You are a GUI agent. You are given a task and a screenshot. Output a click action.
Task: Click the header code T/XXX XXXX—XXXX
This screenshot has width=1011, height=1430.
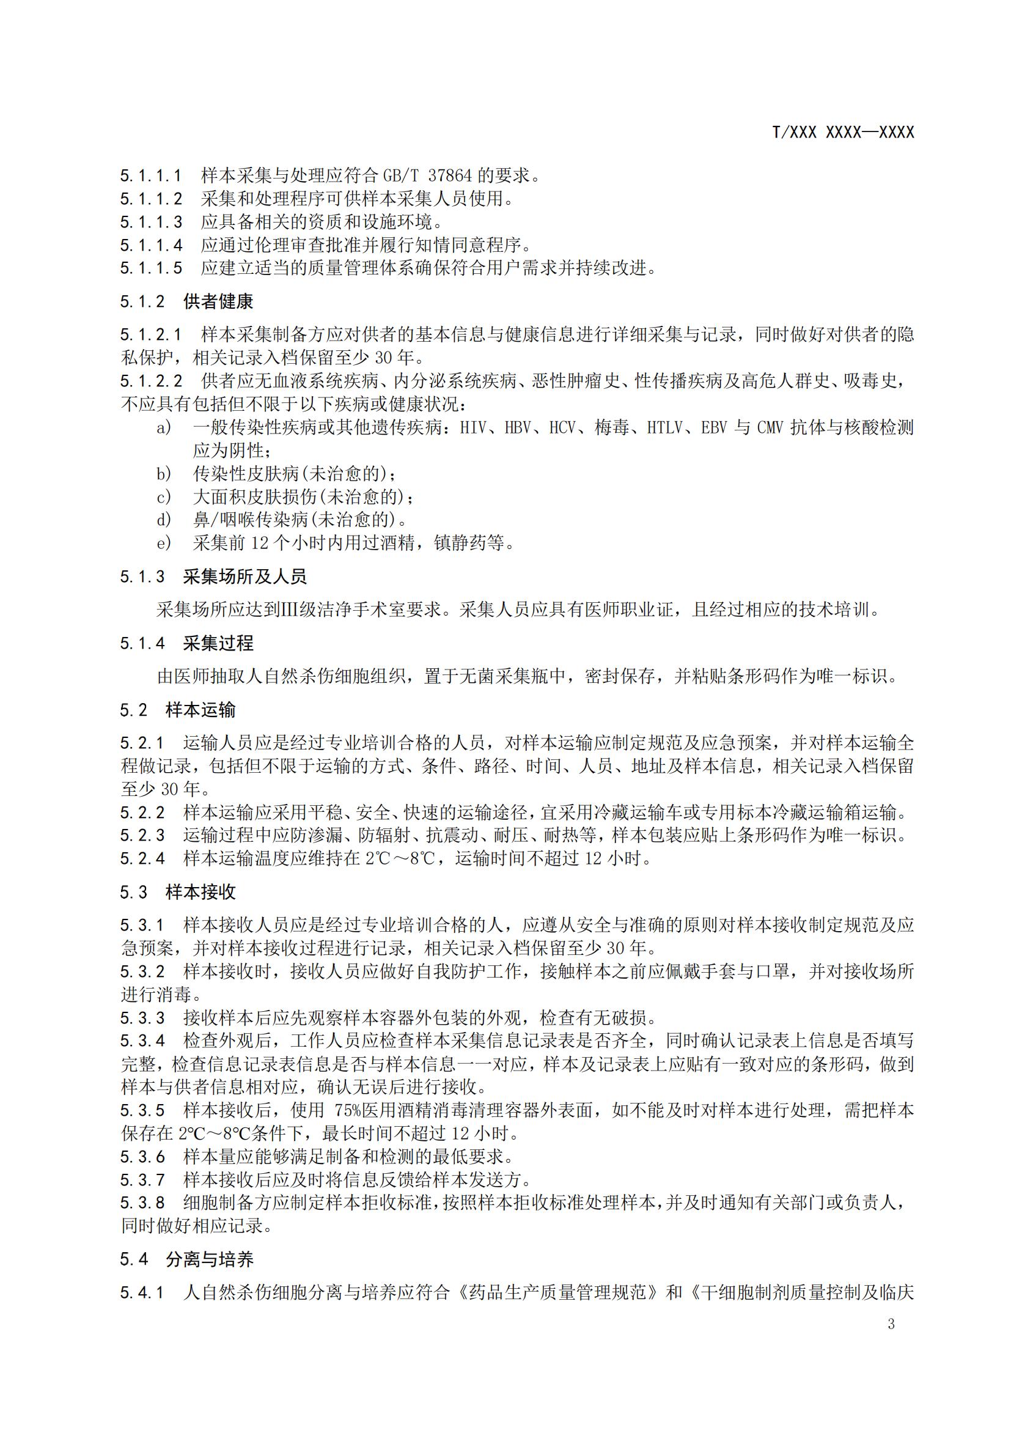pos(843,133)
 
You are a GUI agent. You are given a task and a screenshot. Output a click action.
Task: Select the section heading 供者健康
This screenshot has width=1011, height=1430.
pos(218,302)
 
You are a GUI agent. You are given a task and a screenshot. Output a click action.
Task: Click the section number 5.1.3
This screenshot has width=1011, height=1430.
pos(142,577)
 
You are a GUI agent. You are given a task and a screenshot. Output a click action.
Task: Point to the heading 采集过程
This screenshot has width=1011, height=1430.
pos(218,643)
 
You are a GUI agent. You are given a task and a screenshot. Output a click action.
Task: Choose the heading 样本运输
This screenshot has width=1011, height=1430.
pos(201,710)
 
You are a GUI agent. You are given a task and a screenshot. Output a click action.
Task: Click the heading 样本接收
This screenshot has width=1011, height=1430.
pos(201,893)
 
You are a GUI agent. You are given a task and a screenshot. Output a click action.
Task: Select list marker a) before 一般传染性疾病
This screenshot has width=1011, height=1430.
pos(163,428)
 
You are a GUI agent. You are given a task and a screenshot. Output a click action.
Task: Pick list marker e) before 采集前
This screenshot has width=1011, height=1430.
pos(163,543)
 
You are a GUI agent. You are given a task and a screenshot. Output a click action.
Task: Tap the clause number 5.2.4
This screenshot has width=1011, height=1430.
pos(142,859)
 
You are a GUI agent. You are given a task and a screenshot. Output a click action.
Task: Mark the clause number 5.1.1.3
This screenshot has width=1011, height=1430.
pos(151,223)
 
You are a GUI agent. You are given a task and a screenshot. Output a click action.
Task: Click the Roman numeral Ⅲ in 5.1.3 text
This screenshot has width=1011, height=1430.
pos(291,610)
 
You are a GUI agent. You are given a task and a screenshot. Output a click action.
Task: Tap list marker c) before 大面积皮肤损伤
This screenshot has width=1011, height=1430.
pos(163,497)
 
